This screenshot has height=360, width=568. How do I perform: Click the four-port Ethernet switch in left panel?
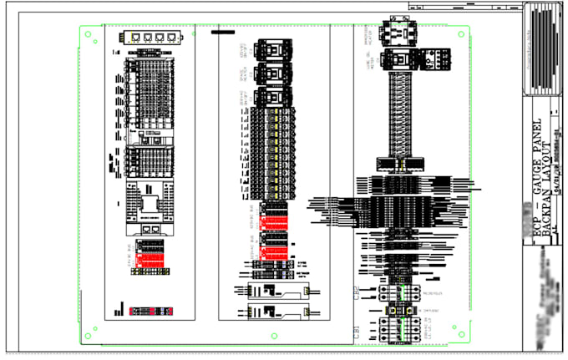[x=148, y=38]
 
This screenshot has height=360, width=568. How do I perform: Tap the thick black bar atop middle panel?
[x=223, y=32]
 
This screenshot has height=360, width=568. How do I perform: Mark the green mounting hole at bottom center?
[x=274, y=336]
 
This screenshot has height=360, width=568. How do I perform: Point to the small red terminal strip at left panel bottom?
[x=151, y=312]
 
